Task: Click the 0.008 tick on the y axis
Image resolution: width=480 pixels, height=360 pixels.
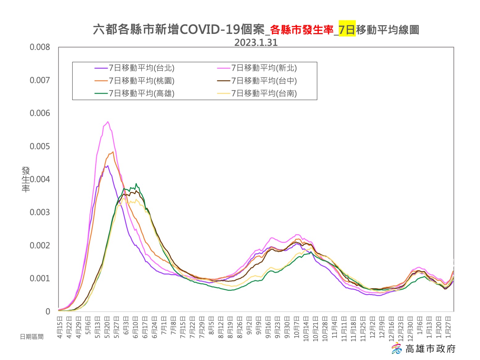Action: point(40,47)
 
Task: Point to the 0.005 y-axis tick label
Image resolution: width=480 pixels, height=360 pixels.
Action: point(40,146)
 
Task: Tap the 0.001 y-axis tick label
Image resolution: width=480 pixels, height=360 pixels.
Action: point(40,279)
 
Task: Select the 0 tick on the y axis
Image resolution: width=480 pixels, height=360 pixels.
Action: point(48,312)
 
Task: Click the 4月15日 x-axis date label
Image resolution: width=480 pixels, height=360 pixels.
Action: point(60,327)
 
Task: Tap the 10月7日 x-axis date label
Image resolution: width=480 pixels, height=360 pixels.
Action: point(297,327)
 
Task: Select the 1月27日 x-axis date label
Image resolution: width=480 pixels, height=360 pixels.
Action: point(448,327)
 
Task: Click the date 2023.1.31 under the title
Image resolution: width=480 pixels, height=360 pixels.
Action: point(256,43)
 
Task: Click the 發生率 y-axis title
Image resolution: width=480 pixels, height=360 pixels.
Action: point(26,179)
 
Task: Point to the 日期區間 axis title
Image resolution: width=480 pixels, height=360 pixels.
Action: point(32,337)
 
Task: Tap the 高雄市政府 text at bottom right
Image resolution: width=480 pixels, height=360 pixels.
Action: point(430,349)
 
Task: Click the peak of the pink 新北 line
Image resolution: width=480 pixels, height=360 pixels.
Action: point(108,122)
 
